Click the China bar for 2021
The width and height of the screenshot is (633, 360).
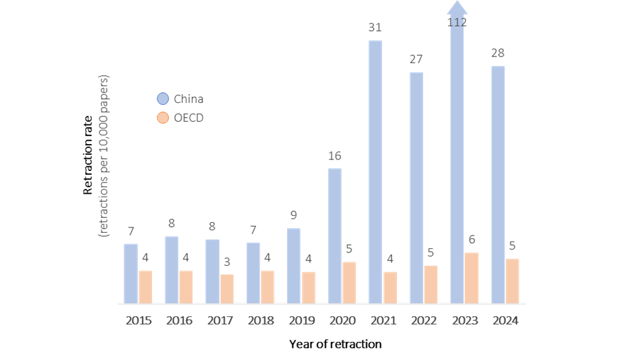[x=375, y=172]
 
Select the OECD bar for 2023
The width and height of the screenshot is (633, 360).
[x=472, y=278]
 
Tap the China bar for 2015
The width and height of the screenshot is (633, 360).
[x=131, y=273]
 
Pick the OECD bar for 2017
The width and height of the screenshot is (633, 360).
[x=227, y=288]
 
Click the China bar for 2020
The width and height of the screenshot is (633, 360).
[x=334, y=236]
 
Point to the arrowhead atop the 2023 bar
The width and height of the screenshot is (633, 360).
[x=457, y=8]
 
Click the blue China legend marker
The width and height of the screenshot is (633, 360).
[x=163, y=99]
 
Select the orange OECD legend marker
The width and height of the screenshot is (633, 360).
[x=163, y=118]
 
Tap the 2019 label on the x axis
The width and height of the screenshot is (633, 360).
[x=301, y=320]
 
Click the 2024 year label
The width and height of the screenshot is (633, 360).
[x=505, y=320]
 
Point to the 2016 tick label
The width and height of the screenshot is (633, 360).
[x=179, y=320]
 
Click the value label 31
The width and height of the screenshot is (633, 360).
[x=375, y=28]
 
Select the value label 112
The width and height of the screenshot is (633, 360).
[x=457, y=22]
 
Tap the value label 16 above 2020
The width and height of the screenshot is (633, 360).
[x=334, y=156]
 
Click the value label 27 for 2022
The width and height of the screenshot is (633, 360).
[x=416, y=59]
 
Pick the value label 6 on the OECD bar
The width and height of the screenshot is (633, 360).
[x=472, y=240]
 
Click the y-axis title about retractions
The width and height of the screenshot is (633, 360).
[x=104, y=155]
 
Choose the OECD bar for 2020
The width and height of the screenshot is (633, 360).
[x=349, y=283]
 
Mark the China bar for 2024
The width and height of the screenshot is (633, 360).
[x=498, y=184]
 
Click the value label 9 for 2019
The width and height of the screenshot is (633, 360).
[x=293, y=215]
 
